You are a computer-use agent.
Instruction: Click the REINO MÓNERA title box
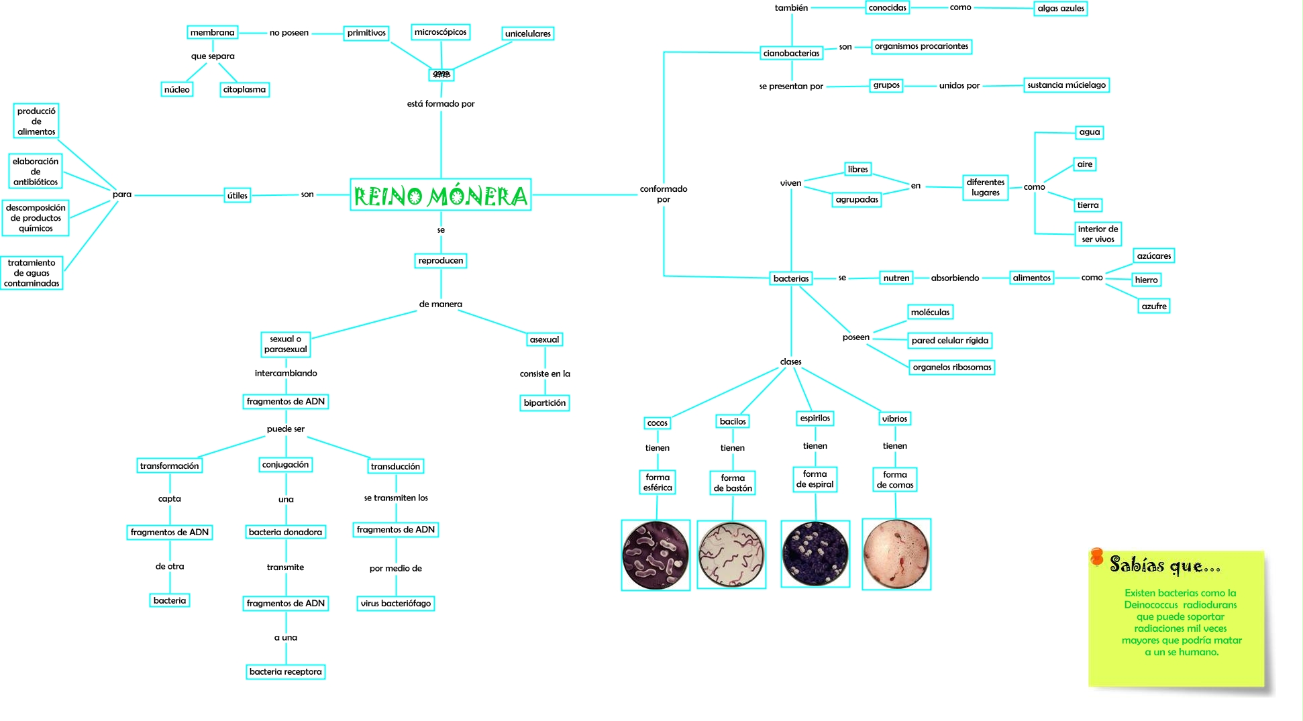pos(440,195)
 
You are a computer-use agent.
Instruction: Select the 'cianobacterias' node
pos(791,53)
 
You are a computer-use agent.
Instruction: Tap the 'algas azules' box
pos(1060,8)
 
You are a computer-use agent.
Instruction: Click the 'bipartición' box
pos(544,402)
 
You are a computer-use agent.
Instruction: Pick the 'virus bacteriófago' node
pos(395,603)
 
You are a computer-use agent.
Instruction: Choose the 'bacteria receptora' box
pos(285,671)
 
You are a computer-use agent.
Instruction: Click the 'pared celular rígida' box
pos(949,340)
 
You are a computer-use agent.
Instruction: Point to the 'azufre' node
pos(1154,306)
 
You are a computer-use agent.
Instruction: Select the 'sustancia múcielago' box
pos(1066,85)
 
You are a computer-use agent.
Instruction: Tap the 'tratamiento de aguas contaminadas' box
pos(32,273)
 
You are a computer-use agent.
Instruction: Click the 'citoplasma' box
pos(244,89)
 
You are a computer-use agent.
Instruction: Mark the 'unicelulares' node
pos(527,34)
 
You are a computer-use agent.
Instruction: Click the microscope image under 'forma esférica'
pos(656,555)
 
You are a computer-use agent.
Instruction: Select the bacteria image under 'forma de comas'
pos(896,554)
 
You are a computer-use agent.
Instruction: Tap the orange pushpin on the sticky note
pos(1097,557)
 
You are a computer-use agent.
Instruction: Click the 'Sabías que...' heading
pos(1164,565)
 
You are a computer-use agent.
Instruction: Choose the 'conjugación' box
pos(285,464)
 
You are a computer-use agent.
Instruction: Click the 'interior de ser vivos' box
pos(1098,234)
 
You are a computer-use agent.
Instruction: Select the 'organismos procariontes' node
pos(921,46)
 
